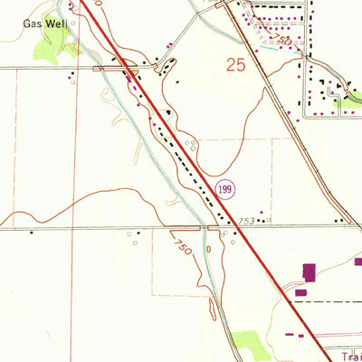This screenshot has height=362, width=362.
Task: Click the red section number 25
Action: click(237, 64)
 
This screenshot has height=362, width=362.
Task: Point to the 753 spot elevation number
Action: click(247, 220)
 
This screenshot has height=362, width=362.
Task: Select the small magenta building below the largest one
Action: click(300, 293)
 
